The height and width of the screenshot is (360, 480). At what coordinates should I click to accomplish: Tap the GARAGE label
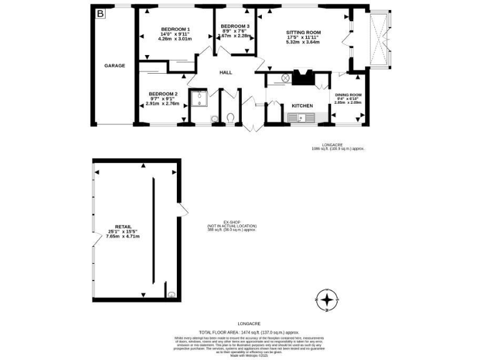point(114,66)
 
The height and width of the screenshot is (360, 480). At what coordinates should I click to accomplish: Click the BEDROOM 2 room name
point(163,94)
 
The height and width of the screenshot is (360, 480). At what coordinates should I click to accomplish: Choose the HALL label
point(226,72)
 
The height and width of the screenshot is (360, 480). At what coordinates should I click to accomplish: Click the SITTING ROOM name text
point(303,32)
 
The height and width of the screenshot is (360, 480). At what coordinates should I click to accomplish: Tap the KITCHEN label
point(294,106)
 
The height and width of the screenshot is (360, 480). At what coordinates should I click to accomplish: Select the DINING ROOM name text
point(347,94)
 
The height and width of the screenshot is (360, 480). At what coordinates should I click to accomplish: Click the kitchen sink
point(301,117)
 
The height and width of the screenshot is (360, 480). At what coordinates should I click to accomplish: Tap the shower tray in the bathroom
point(198,97)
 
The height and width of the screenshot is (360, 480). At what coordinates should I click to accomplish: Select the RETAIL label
point(122,226)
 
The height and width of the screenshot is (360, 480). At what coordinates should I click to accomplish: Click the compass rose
point(327,301)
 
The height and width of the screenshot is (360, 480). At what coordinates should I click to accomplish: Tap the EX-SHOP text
point(232,222)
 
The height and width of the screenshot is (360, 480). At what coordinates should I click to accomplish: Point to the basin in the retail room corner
point(171,292)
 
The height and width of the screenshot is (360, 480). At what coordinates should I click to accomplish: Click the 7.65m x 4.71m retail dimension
point(122,236)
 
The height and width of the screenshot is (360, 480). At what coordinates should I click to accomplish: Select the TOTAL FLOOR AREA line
point(249,332)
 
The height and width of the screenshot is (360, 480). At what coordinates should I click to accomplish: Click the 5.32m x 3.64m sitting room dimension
point(303,42)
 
